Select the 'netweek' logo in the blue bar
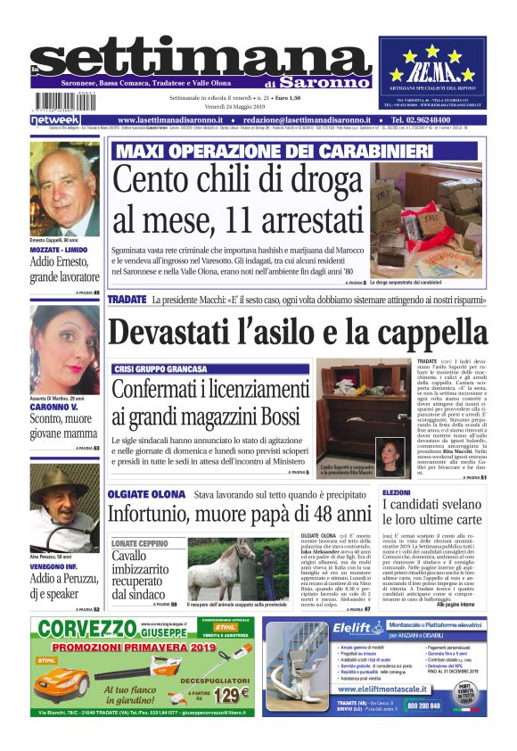point(55,120)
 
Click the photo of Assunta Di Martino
point(65,336)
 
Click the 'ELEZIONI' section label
point(397,492)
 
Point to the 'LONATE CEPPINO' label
point(140,541)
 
